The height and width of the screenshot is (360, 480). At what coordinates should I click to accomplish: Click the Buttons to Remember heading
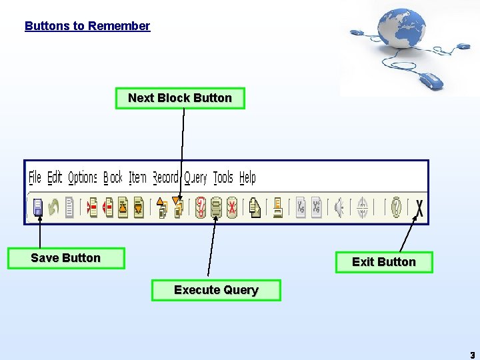click(87, 26)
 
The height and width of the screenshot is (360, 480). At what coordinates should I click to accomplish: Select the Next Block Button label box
click(180, 98)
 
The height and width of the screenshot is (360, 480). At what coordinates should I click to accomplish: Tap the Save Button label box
click(65, 258)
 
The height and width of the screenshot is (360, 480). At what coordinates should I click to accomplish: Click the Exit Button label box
click(383, 262)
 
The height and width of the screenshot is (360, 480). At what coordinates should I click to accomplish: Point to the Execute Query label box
click(216, 290)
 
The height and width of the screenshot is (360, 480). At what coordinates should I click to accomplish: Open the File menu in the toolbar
click(35, 177)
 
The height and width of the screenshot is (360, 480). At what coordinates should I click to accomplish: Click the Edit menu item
click(55, 177)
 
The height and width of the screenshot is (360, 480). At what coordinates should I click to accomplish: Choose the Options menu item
click(83, 177)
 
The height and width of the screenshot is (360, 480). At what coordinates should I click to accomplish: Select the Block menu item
click(113, 177)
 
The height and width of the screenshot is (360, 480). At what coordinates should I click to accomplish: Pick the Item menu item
click(137, 177)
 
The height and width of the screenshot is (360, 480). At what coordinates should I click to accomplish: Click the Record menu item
click(165, 177)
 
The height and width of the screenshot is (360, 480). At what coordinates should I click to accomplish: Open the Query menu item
click(195, 177)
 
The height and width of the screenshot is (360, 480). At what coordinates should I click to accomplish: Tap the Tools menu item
click(223, 177)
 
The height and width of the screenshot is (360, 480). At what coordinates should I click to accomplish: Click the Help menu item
click(247, 177)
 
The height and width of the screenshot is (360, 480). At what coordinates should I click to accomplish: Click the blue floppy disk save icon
click(38, 208)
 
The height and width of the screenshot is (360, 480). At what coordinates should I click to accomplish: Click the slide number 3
click(472, 355)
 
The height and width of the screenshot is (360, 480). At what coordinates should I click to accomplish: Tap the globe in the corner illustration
click(402, 30)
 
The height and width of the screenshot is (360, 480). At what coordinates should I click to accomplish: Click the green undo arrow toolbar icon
click(53, 208)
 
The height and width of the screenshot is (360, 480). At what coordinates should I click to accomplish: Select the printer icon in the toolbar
click(277, 208)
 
